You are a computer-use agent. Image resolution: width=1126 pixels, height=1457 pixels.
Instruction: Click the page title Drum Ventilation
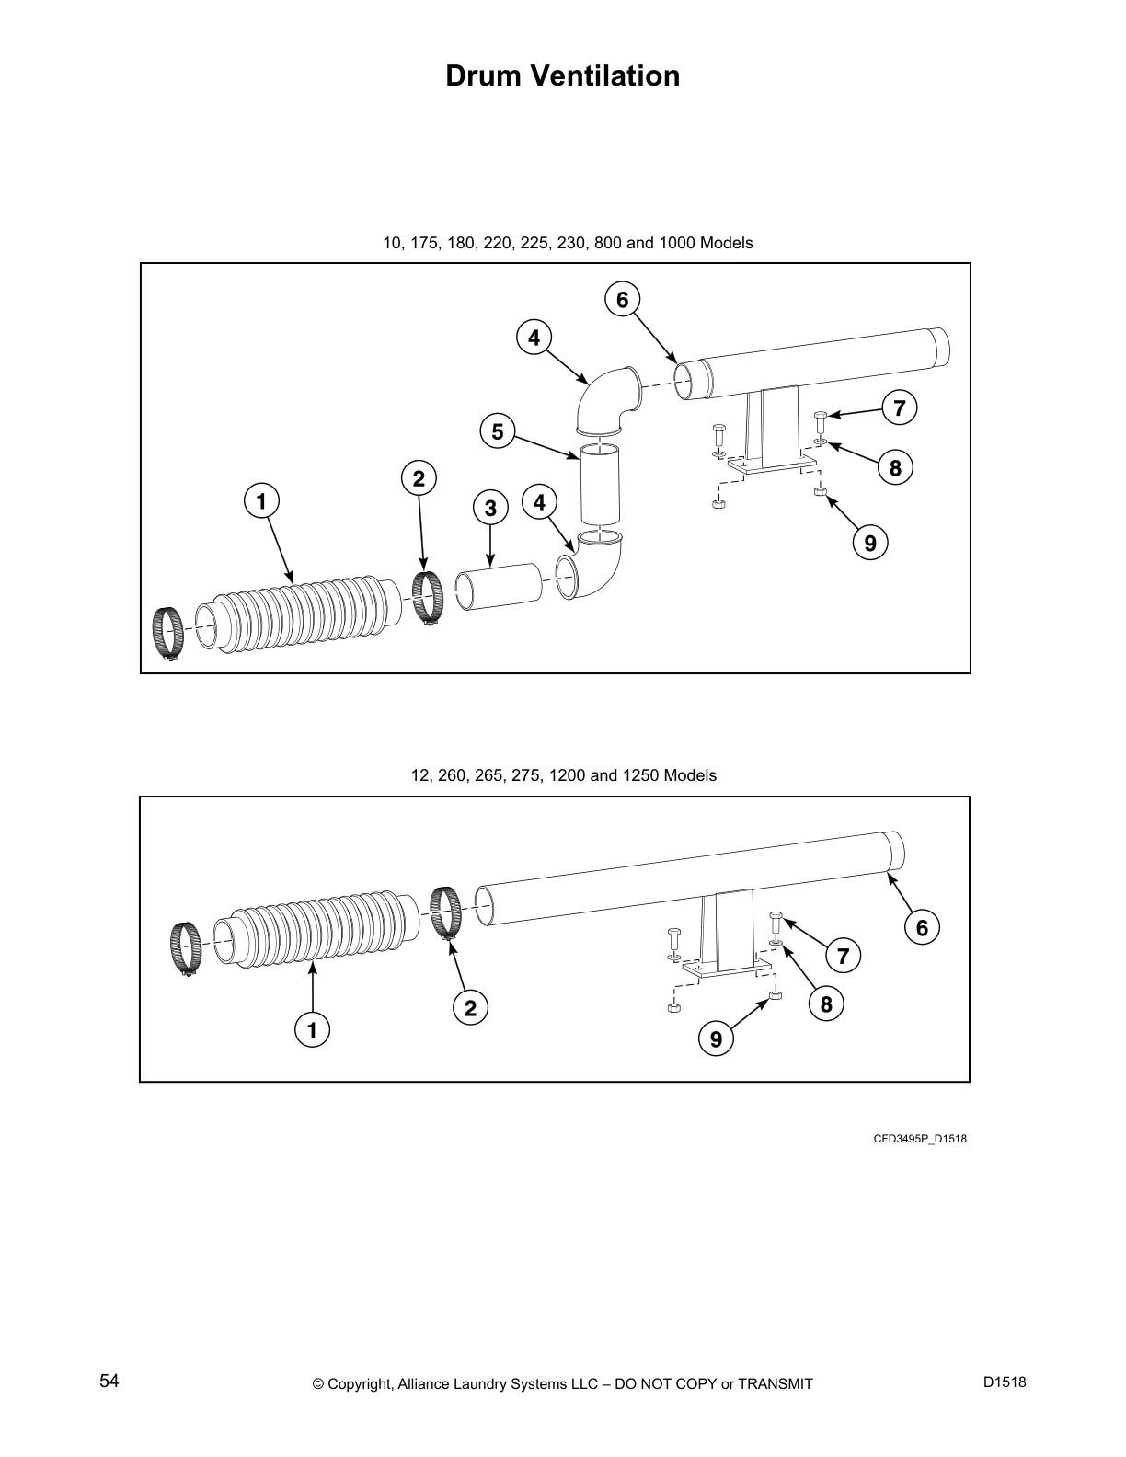pos(562,75)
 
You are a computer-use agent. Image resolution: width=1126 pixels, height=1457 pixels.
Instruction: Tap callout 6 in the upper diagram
pos(622,300)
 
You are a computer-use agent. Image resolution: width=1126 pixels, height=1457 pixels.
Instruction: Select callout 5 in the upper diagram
pos(497,431)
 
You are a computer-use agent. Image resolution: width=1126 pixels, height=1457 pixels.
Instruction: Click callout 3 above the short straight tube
pos(490,508)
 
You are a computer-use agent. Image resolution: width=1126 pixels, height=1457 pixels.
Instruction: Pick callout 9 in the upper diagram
pos(870,544)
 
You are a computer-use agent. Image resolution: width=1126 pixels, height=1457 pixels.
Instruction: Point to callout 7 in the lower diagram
pos(843,957)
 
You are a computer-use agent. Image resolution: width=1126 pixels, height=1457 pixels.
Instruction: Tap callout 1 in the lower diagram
pos(312,1030)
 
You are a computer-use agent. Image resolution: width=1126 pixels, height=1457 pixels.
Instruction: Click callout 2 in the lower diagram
pos(470,1009)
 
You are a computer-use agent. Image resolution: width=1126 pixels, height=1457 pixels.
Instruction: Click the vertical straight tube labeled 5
pos(599,485)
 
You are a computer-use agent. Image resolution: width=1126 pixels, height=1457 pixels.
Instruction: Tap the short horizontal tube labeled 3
pos(500,587)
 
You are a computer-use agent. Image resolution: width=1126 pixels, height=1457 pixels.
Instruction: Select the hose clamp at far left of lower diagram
pos(186,949)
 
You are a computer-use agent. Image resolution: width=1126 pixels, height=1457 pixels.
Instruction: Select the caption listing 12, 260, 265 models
pos(563,775)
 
